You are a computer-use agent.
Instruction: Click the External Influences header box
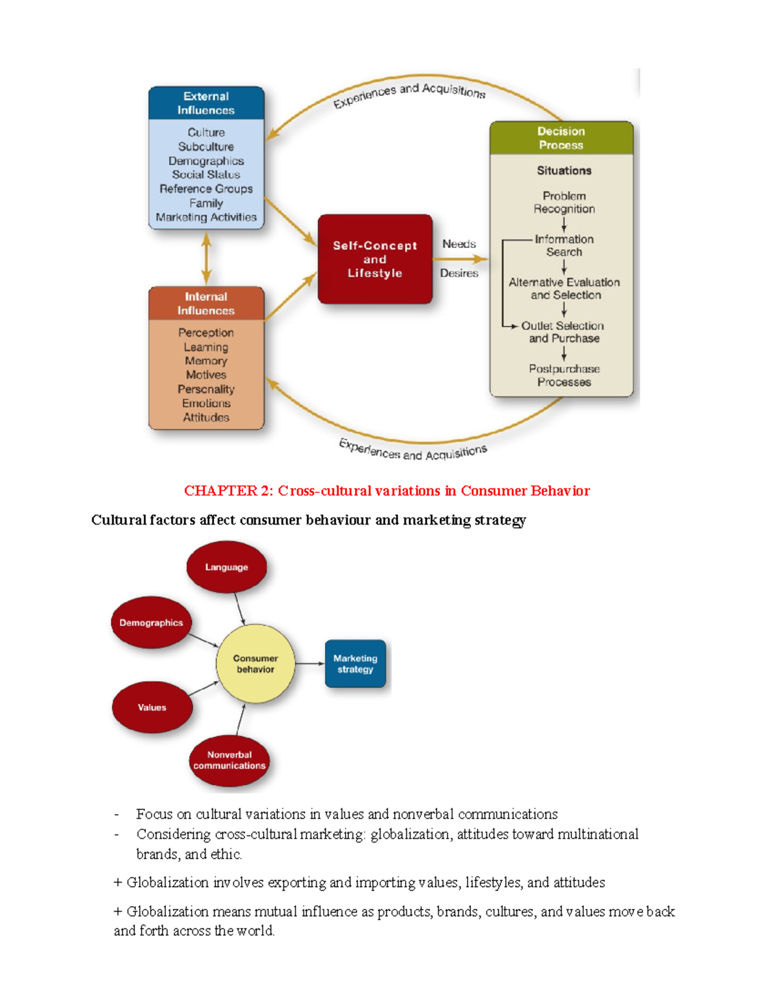point(206,103)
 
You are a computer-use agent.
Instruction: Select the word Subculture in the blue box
point(206,146)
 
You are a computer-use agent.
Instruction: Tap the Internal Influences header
point(206,303)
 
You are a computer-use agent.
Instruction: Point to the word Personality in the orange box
point(206,389)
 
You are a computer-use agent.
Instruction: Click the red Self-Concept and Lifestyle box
point(375,259)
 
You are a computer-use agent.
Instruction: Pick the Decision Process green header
point(561,138)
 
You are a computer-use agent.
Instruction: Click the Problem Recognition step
point(564,202)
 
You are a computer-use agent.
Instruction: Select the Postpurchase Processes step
point(564,376)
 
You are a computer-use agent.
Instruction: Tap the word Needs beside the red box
point(459,244)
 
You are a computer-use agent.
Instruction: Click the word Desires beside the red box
point(459,273)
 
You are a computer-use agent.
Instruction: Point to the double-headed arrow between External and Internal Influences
point(206,258)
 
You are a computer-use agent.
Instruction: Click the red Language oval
point(226,567)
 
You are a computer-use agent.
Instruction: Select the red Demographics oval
point(151,623)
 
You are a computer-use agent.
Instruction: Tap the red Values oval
point(152,707)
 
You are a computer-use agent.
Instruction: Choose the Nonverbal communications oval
point(229,760)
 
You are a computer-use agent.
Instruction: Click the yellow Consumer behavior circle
point(255,664)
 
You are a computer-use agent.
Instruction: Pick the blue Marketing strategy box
point(355,664)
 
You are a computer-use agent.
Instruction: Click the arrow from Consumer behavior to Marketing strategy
point(310,664)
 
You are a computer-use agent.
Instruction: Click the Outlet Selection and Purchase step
point(563,332)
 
